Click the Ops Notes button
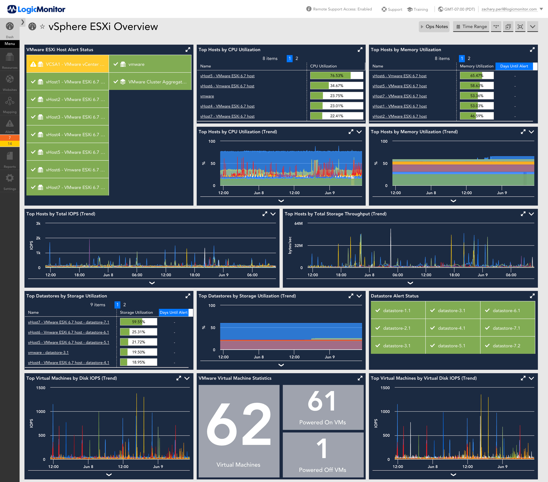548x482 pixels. point(434,27)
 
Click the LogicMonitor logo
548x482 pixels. point(36,9)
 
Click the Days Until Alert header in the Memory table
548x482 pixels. point(514,66)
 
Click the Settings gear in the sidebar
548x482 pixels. point(10,178)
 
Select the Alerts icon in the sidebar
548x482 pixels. point(10,124)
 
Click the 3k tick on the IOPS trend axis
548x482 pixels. point(38,223)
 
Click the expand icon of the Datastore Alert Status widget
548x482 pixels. point(532,296)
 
